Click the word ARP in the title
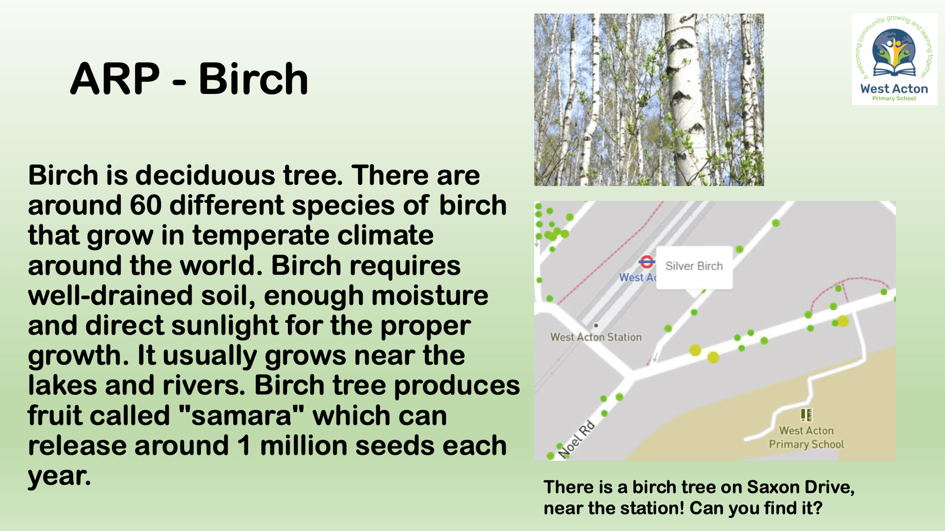click(115, 79)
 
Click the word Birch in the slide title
click(253, 79)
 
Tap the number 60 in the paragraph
click(146, 205)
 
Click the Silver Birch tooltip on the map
click(694, 267)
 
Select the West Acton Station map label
click(596, 337)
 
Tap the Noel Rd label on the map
click(576, 439)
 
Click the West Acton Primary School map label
click(806, 437)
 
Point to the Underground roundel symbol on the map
click(646, 262)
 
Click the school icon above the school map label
click(806, 415)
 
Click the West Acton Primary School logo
click(894, 59)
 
